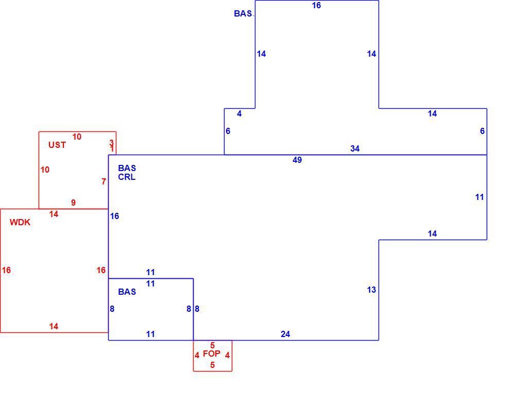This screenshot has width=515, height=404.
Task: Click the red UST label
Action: pos(57,145)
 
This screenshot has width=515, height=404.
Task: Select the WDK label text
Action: pos(20,222)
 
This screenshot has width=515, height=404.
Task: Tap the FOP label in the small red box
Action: pos(212,353)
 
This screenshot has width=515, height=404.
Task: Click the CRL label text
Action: pos(127,177)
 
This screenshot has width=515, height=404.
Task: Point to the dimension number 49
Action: pos(297,160)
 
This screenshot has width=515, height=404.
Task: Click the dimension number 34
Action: pos(355,148)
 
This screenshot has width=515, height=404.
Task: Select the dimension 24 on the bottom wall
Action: pos(285,334)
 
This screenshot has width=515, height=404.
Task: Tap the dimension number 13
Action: pos(371,290)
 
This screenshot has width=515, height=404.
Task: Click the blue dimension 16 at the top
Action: pos(316,5)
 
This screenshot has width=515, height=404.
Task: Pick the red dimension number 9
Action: pos(73,203)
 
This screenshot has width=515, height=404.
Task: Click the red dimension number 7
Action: pos(104,181)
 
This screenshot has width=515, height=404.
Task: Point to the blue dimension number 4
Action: pos(239,113)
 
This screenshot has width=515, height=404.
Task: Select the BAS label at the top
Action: pos(243,13)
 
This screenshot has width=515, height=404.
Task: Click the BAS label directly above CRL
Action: pos(127,168)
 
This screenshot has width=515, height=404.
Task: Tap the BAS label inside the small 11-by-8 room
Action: pos(127,292)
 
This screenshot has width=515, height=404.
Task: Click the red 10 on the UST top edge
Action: pos(77,137)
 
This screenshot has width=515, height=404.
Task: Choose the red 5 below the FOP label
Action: pos(213,365)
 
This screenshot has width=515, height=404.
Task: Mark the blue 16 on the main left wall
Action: pos(115,216)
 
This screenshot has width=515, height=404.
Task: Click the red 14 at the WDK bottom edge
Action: pos(54,326)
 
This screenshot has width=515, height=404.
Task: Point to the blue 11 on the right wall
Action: pos(479,197)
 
